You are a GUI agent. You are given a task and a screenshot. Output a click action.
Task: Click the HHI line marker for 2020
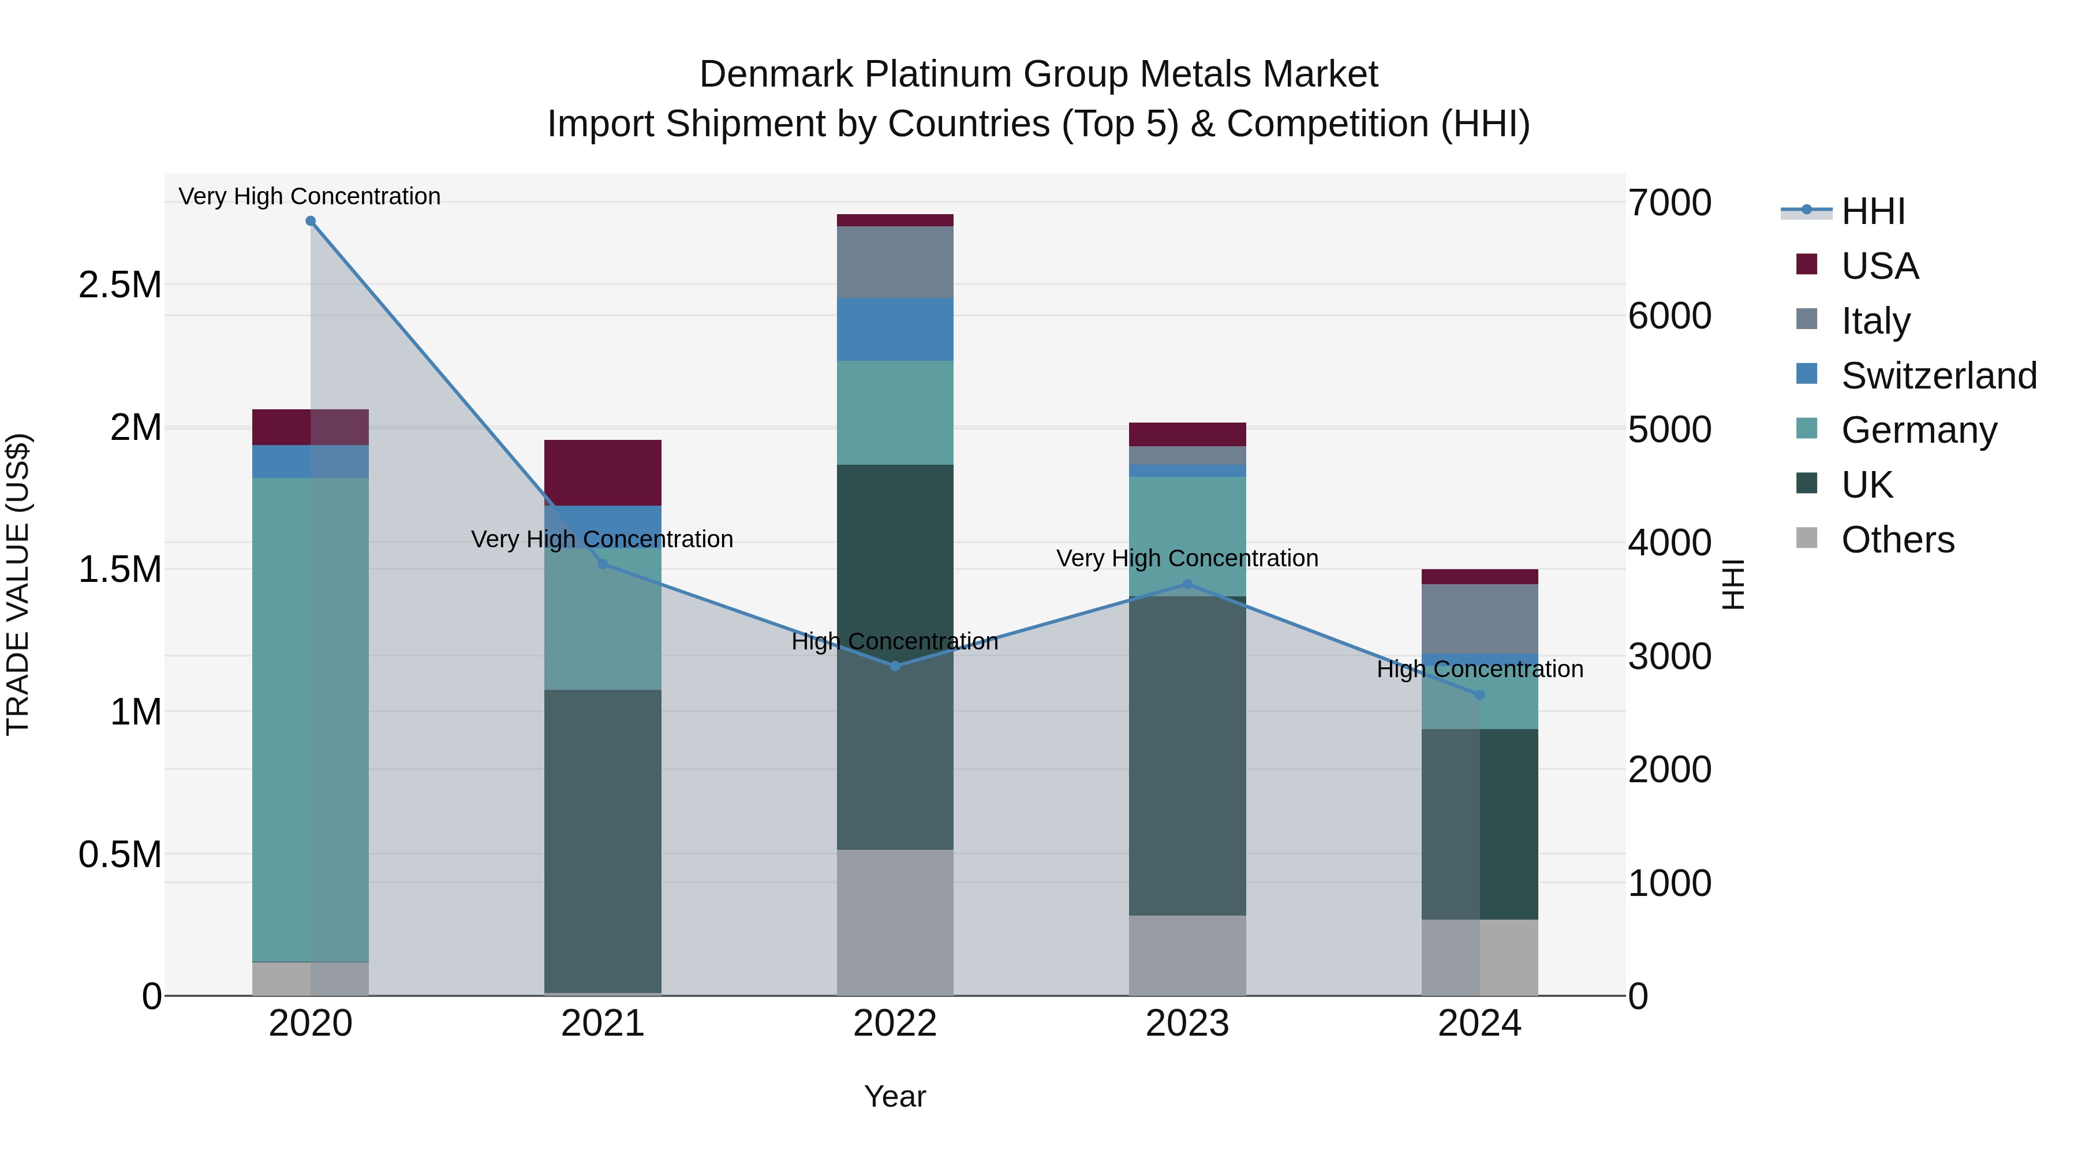pyautogui.click(x=311, y=221)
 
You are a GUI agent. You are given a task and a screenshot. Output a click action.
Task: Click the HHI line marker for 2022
pyautogui.click(x=895, y=666)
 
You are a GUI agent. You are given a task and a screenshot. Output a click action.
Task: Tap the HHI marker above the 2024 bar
pyautogui.click(x=1479, y=694)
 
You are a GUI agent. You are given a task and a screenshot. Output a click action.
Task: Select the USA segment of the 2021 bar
pyautogui.click(x=603, y=473)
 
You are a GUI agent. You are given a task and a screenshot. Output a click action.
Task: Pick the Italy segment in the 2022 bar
pyautogui.click(x=895, y=262)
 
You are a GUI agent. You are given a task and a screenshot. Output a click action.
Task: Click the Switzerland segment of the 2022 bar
pyautogui.click(x=895, y=329)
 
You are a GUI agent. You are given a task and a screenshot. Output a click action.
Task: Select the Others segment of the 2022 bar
pyautogui.click(x=895, y=922)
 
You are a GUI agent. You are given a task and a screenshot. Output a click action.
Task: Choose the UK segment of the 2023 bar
pyautogui.click(x=1187, y=755)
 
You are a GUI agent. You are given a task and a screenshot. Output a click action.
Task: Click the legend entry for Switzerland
pyautogui.click(x=1938, y=376)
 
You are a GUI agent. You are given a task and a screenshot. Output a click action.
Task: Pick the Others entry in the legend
pyautogui.click(x=1897, y=540)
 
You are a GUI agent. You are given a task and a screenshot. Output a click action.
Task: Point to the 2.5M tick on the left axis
pyautogui.click(x=119, y=285)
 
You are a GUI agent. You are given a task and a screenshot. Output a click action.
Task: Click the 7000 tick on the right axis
pyautogui.click(x=1669, y=203)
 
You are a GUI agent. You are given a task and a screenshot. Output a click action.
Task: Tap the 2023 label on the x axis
pyautogui.click(x=1187, y=1024)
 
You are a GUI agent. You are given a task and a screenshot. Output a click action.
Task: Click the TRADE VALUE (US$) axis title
pyautogui.click(x=18, y=584)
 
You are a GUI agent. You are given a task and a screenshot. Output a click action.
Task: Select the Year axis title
pyautogui.click(x=895, y=1096)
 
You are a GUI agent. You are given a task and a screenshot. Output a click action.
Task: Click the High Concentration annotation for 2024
pyautogui.click(x=1479, y=669)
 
